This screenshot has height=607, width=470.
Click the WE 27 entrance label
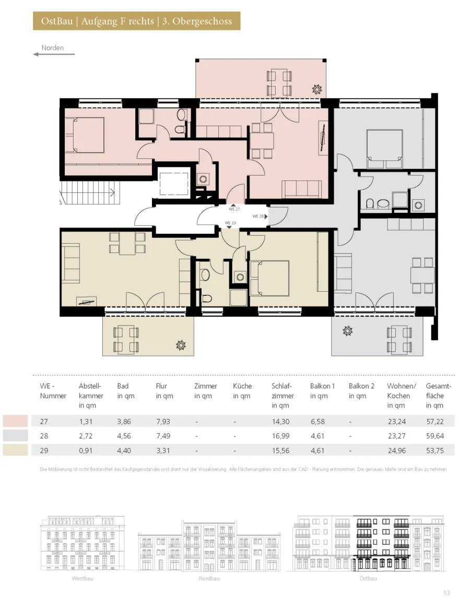pos(234,209)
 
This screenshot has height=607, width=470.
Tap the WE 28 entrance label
pos(258,216)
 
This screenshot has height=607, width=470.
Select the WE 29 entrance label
pos(230,223)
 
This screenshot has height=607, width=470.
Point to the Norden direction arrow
pos(54,54)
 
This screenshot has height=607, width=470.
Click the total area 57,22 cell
pos(435,421)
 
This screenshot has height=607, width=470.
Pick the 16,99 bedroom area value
pos(280,436)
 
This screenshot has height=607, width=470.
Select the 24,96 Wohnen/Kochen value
pos(396,451)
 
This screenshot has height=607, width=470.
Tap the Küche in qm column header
pos(242,391)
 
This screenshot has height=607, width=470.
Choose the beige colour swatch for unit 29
pos(16,450)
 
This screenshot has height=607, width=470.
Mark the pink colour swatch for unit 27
pos(16,421)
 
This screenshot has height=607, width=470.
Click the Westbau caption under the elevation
pos(83,578)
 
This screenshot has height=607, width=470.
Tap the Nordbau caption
pos(209,578)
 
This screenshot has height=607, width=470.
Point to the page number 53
pos(447,593)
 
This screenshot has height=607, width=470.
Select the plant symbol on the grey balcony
pos(347,331)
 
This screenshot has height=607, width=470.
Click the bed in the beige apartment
pos(270,279)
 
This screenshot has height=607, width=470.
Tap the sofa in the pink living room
pos(301,189)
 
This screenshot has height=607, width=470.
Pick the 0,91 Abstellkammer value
pos(86,451)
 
